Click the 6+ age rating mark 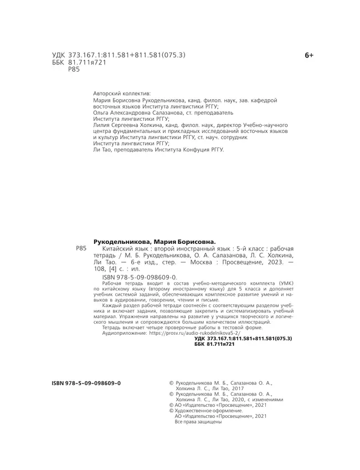tap(309, 55)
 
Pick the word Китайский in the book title tap(115, 249)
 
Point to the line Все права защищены tap(198, 422)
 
